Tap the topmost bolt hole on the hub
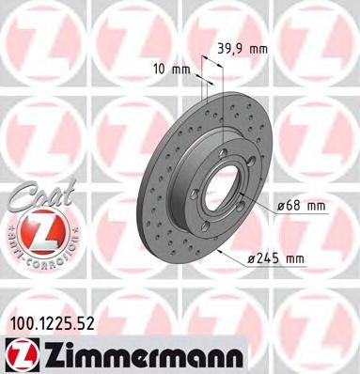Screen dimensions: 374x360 click(x=222, y=140)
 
